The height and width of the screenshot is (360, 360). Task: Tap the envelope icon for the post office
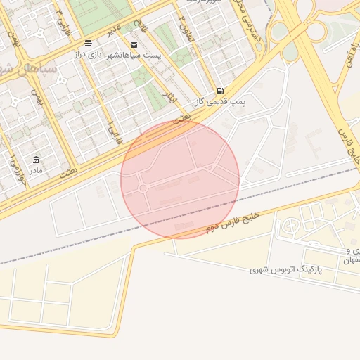click(134, 45)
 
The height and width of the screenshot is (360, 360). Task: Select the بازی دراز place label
click(91, 53)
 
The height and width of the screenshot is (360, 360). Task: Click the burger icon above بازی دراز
click(87, 44)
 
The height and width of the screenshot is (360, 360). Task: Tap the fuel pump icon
click(221, 91)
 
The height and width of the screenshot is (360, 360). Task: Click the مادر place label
click(35, 169)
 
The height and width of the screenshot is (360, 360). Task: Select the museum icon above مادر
click(36, 160)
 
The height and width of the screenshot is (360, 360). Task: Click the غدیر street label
click(114, 29)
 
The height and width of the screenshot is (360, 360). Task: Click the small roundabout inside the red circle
click(143, 188)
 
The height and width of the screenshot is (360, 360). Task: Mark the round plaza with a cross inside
click(291, 226)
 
